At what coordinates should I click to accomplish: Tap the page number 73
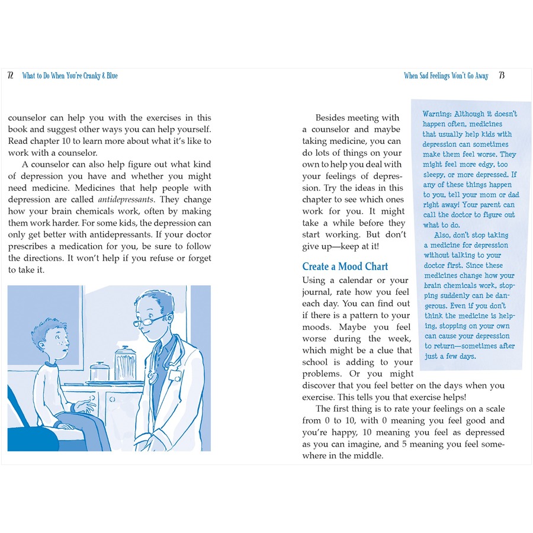click(x=502, y=76)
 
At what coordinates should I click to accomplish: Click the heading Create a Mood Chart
click(x=345, y=266)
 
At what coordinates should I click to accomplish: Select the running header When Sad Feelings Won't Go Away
click(x=446, y=76)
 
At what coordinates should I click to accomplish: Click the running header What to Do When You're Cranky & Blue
click(x=70, y=76)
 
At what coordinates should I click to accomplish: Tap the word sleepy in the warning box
click(x=435, y=175)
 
